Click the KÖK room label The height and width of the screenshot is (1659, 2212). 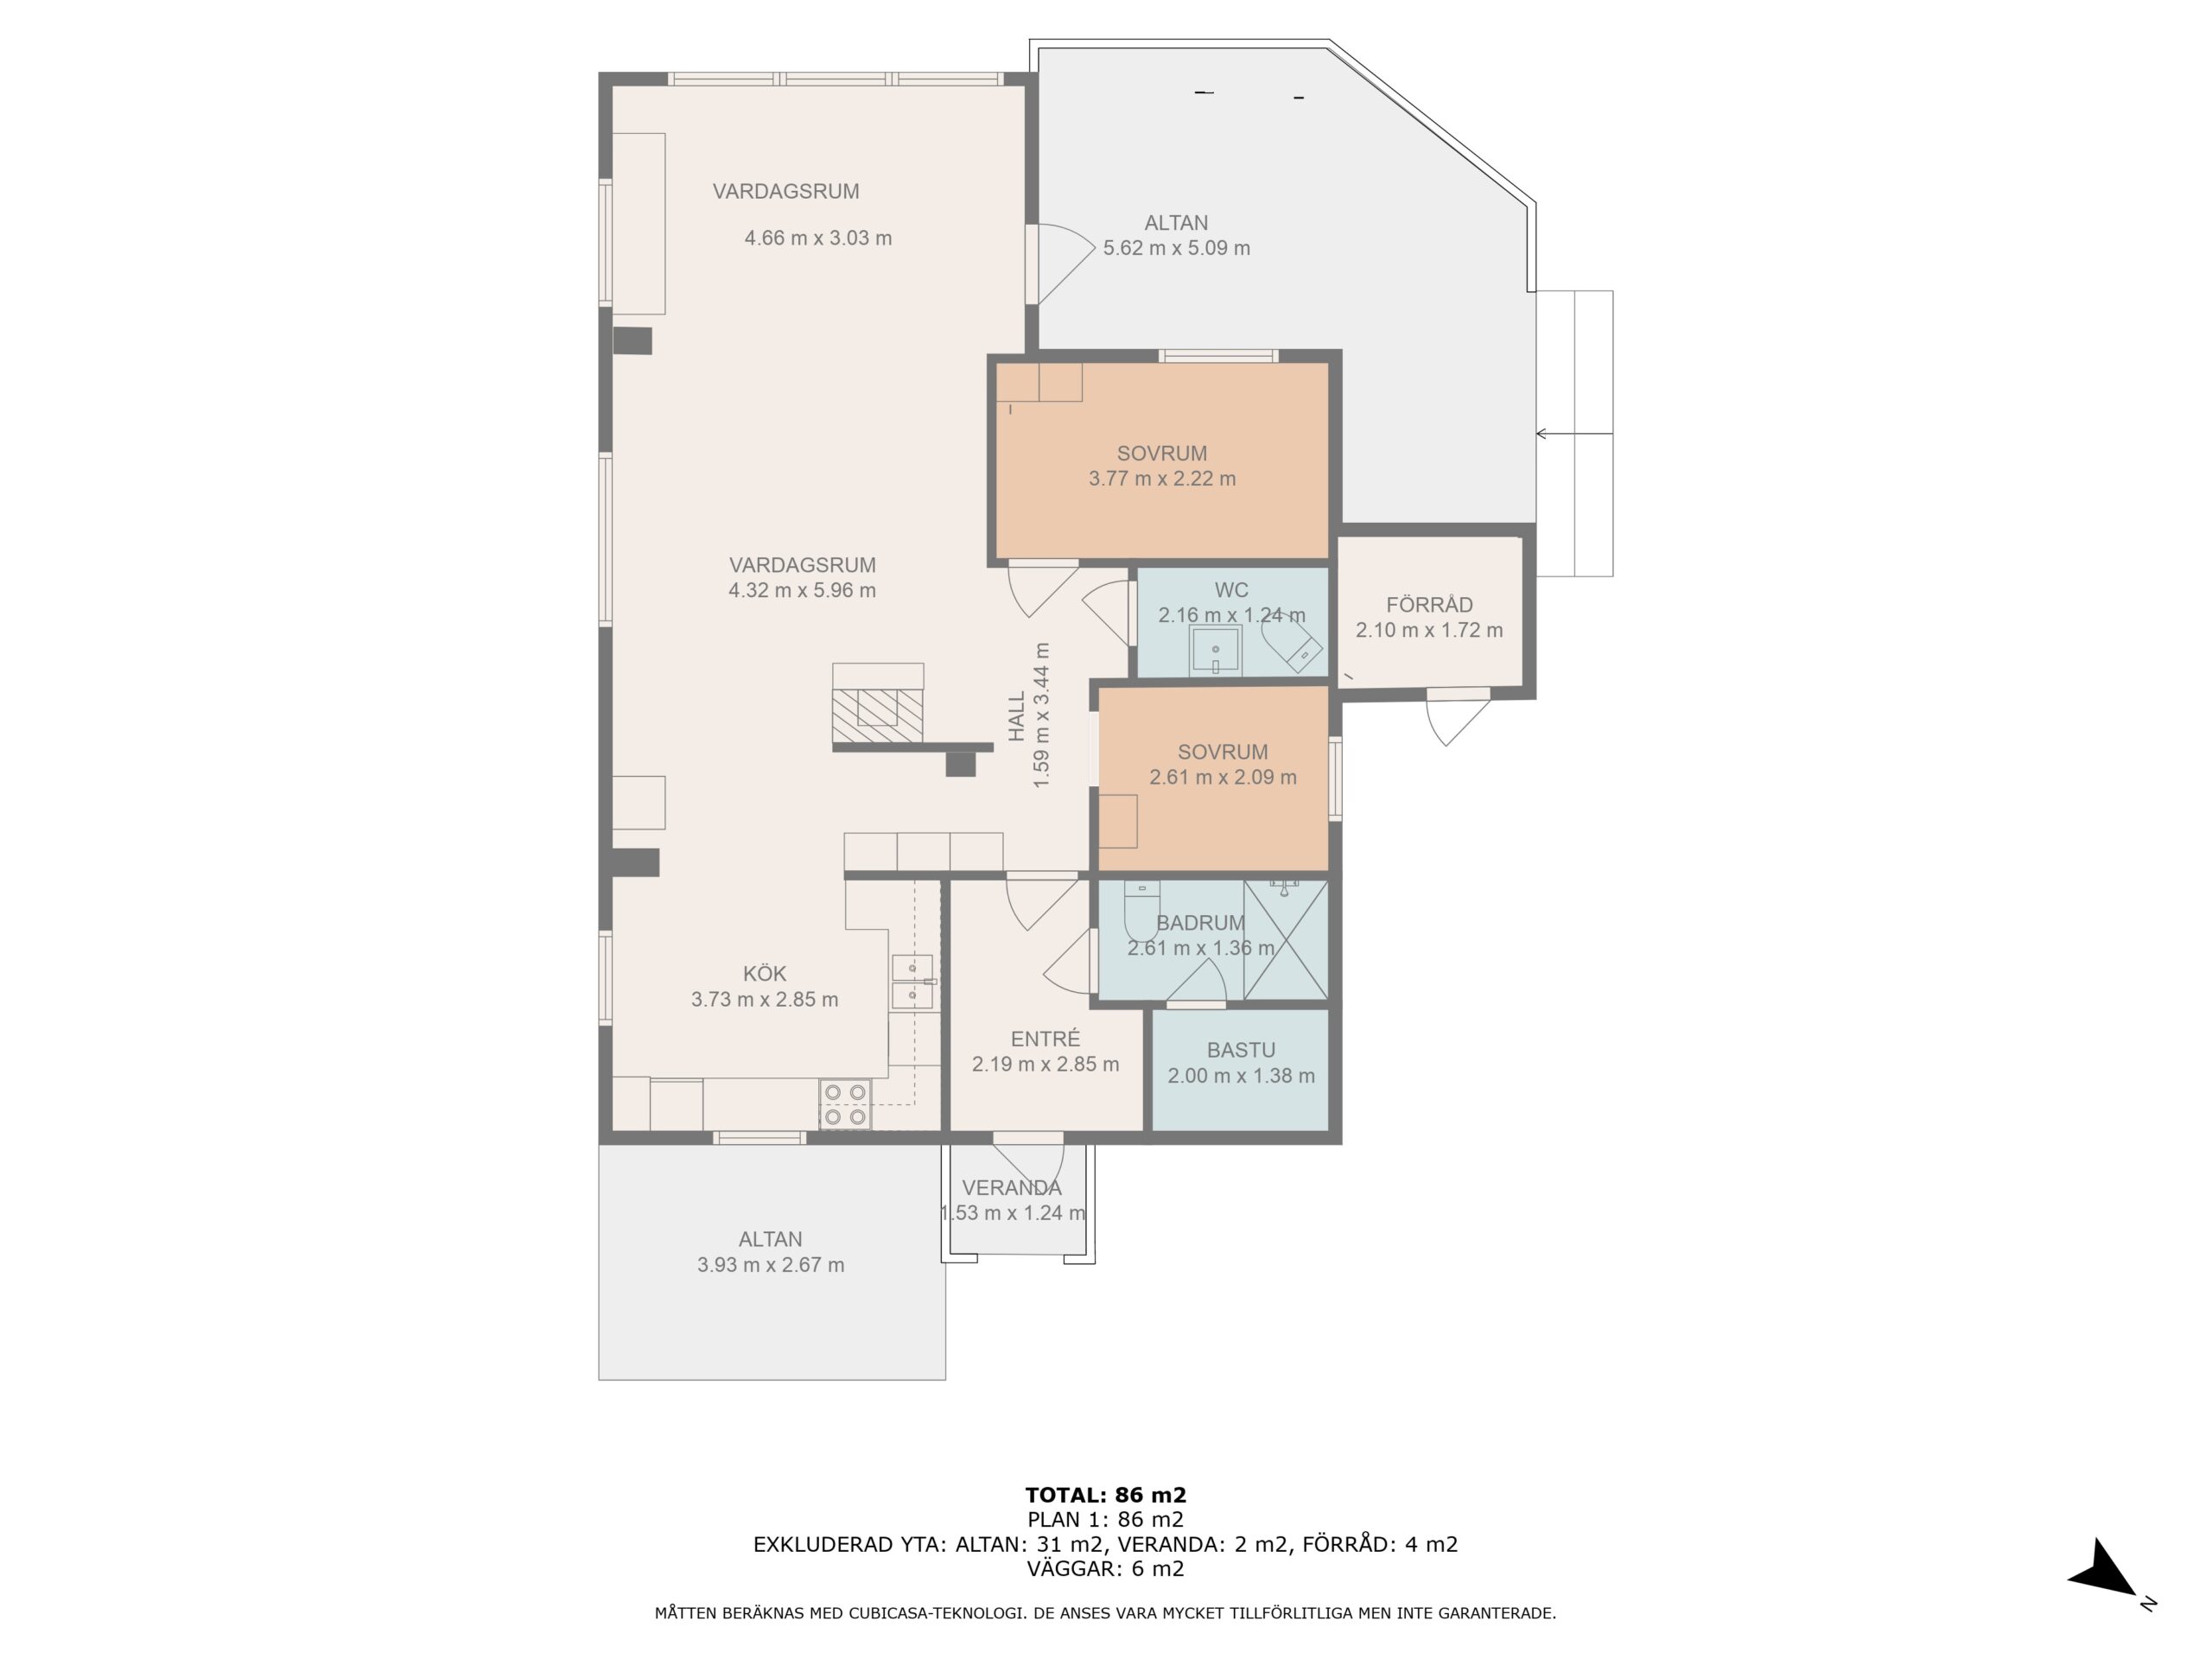coord(764,973)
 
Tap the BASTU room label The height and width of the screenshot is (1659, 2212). coord(1241,1050)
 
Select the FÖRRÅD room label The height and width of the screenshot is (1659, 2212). coord(1429,604)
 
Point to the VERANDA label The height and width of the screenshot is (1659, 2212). coord(1011,1187)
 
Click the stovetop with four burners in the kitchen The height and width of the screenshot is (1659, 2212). coord(845,1104)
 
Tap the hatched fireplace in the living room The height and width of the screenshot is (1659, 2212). coord(877,715)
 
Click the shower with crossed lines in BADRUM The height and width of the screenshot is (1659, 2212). coord(1286,939)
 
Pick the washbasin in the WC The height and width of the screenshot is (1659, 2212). coord(1215,651)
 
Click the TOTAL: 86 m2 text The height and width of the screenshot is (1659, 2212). coord(1105,1495)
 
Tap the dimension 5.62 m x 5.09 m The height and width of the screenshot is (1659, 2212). coord(1176,248)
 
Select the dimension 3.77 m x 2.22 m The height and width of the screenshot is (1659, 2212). coord(1162,478)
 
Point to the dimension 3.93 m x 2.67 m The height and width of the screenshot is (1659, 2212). coord(770,1264)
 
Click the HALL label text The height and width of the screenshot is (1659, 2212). coord(1017,716)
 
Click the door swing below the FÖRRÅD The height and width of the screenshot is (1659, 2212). coord(1457,717)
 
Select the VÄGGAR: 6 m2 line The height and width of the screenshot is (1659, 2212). coord(1105,1568)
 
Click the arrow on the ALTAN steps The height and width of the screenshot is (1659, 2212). coord(1574,434)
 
